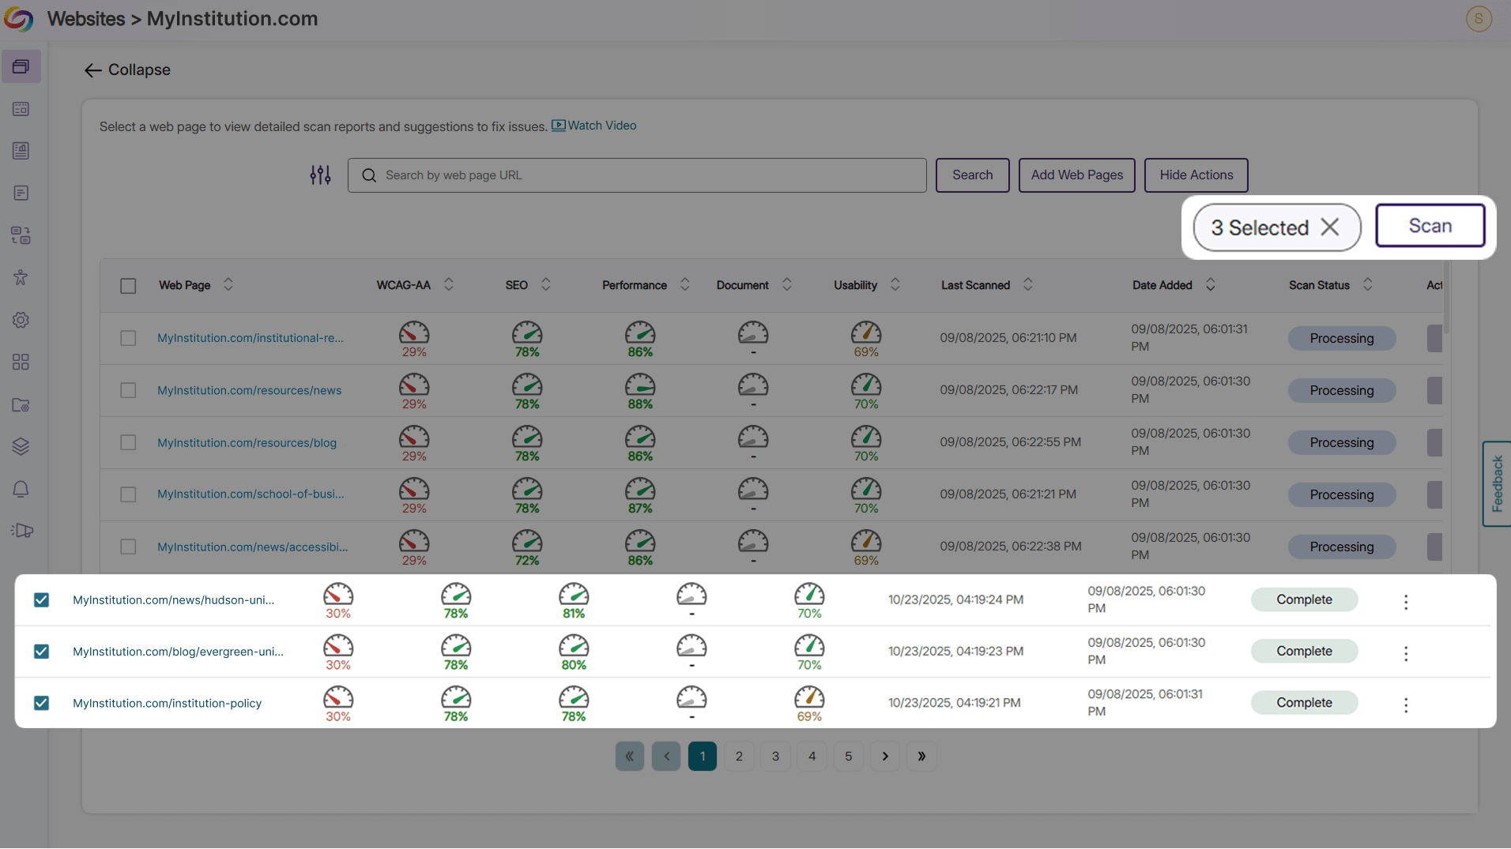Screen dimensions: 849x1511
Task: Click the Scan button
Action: point(1430,226)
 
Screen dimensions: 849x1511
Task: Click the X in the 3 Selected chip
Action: point(1330,227)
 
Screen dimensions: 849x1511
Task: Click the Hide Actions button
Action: point(1196,175)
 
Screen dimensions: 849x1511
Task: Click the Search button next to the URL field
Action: point(972,175)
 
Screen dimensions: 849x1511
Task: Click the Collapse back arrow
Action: point(93,70)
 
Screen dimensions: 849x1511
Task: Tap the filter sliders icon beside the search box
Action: point(320,175)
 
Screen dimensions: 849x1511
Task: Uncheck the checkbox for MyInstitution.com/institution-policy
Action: point(41,703)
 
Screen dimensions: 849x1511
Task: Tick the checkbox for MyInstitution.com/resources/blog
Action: point(128,442)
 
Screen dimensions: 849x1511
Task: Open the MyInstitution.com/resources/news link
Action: point(249,390)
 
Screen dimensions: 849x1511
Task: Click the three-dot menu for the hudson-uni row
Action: point(1405,602)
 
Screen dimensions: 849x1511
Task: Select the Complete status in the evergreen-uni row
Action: point(1304,652)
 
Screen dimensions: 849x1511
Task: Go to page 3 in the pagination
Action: point(775,757)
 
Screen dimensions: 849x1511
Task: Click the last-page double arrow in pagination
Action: point(921,757)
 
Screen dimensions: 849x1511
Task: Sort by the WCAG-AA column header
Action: point(404,285)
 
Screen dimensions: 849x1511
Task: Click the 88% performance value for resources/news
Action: point(639,404)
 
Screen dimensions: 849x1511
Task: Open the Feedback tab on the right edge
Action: point(1497,483)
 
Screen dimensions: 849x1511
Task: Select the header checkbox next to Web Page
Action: point(128,286)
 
